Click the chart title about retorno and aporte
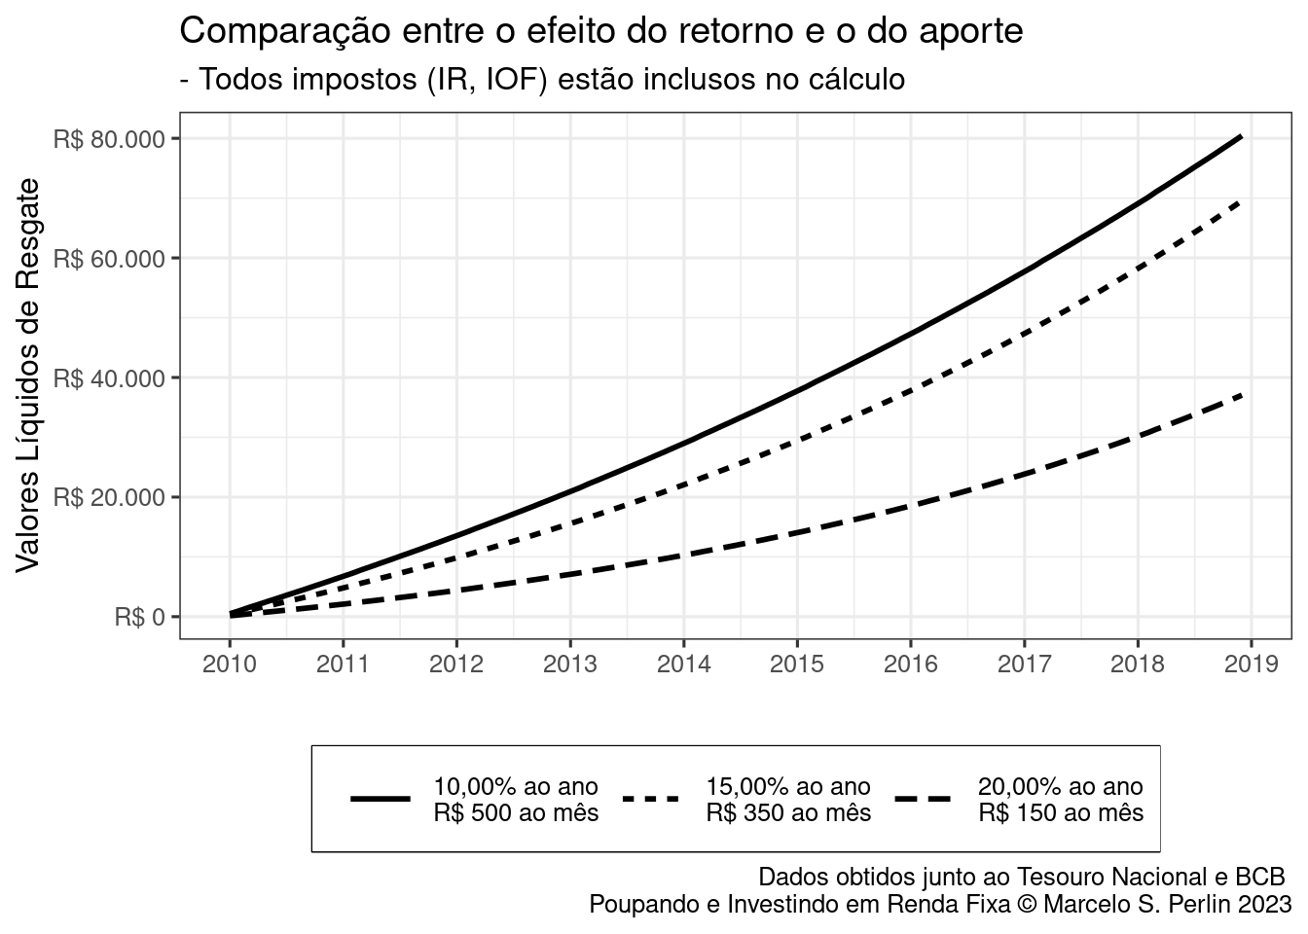[x=601, y=31]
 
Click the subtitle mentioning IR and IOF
[x=542, y=80]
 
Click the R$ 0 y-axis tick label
[x=140, y=617]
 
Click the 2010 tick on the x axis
[x=230, y=665]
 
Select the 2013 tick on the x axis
[x=570, y=665]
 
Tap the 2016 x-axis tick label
[x=910, y=665]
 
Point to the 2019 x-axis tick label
[x=1251, y=665]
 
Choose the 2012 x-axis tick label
[x=456, y=665]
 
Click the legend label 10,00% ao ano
[x=515, y=786]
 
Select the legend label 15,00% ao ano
[x=787, y=786]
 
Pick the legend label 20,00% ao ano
[x=1060, y=786]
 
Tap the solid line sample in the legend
[x=380, y=799]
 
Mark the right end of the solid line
[x=1241, y=137]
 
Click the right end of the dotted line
[x=1240, y=201]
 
